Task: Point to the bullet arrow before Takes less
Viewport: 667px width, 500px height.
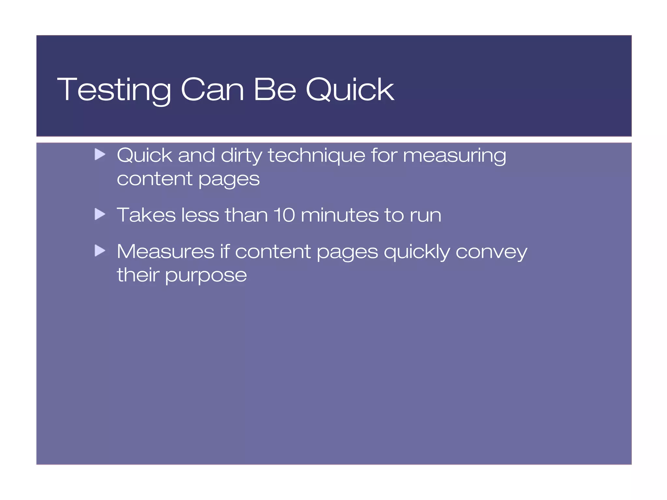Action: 100,214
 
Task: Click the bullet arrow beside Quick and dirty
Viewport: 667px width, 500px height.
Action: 100,154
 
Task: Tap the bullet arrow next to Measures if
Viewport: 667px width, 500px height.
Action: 100,250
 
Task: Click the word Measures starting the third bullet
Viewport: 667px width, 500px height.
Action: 165,251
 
